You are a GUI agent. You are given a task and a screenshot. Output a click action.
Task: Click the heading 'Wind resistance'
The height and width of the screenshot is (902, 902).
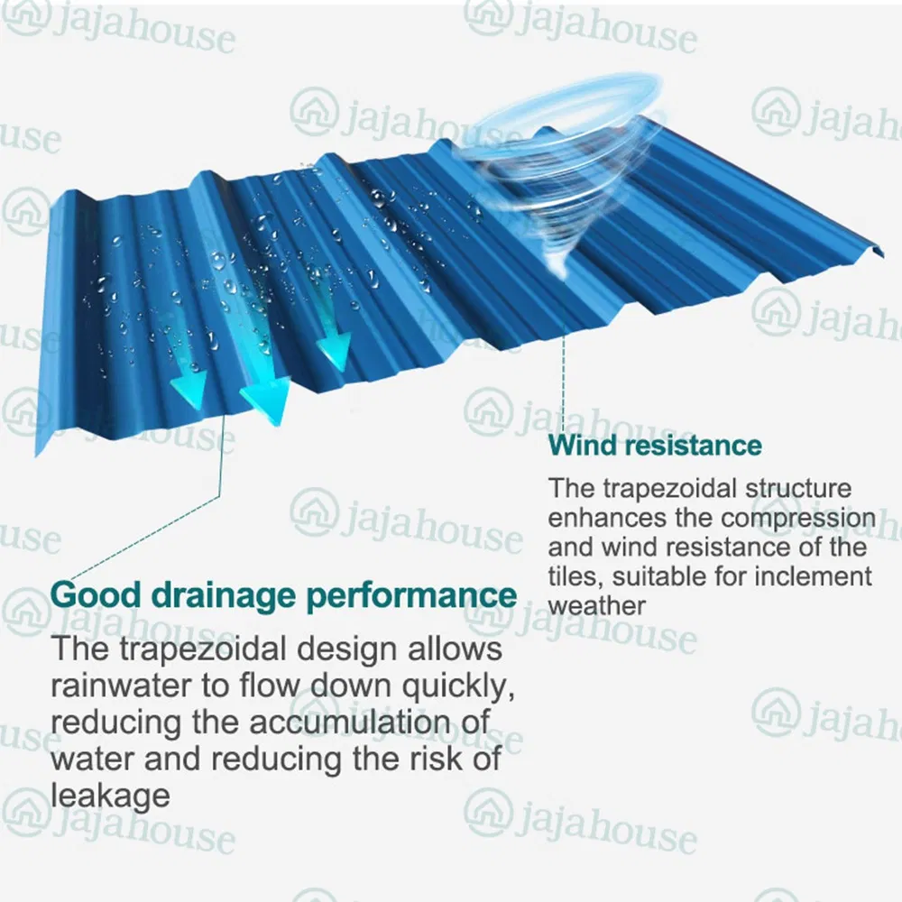[655, 445]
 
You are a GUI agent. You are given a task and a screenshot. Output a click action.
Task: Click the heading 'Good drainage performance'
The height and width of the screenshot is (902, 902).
[284, 596]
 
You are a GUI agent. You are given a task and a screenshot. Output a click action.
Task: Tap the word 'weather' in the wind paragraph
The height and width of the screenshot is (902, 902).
[597, 604]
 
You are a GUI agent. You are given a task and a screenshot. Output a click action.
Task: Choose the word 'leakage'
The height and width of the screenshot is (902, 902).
[110, 795]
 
